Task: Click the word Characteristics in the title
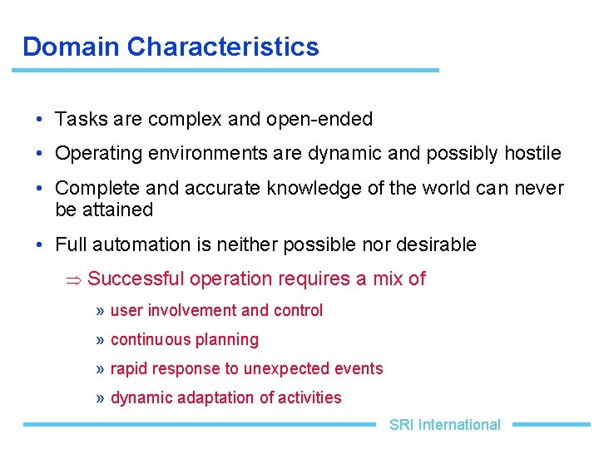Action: tap(222, 47)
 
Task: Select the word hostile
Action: tap(532, 154)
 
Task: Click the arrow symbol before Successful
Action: tap(74, 279)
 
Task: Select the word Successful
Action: tap(137, 279)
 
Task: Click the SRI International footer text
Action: tap(444, 425)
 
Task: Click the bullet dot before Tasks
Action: tap(40, 120)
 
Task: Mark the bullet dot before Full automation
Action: tap(40, 244)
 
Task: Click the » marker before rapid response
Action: tap(100, 369)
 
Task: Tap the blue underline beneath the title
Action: tap(225, 70)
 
